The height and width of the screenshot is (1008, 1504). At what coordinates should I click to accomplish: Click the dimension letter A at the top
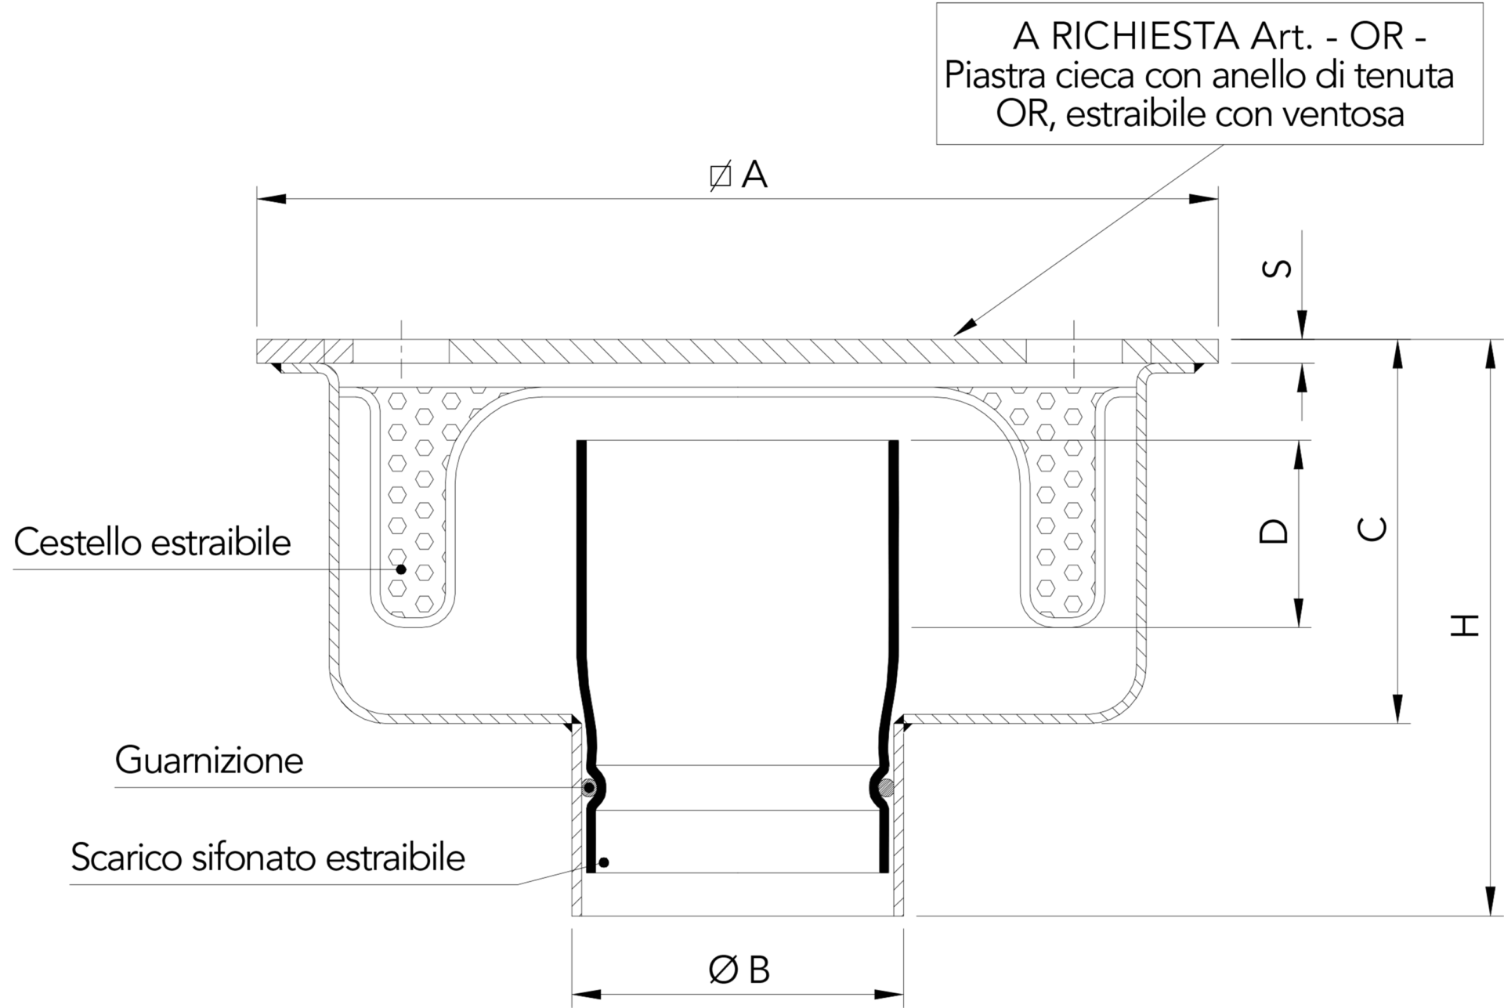(754, 175)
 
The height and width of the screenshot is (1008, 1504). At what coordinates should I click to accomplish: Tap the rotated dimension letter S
(1278, 269)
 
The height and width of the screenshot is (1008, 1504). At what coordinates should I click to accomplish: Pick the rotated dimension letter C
(1372, 529)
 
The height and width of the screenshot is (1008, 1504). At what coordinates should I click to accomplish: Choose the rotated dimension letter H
(1464, 624)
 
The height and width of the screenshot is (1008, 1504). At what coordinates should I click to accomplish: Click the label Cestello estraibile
(153, 543)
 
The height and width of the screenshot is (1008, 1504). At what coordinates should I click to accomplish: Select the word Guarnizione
(209, 761)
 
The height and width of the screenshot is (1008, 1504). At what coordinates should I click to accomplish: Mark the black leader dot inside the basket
(401, 569)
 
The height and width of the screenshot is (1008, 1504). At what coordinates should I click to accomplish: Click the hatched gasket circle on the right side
(887, 788)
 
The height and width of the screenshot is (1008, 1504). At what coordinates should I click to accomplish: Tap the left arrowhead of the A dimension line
(272, 199)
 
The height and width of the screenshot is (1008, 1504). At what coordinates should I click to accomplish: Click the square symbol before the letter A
(721, 176)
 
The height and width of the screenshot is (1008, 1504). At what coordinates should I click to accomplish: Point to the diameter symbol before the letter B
(723, 970)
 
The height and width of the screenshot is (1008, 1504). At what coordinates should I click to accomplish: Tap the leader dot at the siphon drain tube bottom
(603, 862)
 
